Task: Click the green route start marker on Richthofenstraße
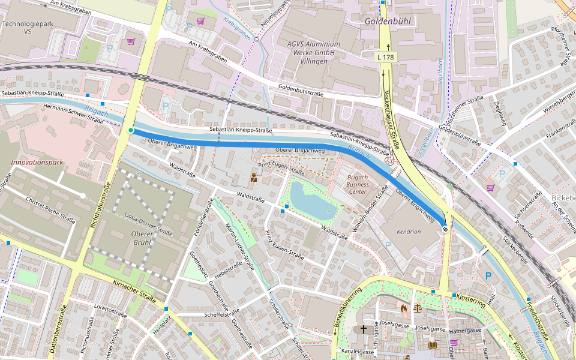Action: click(131, 130)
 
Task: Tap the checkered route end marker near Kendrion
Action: click(445, 227)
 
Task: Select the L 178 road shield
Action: click(386, 57)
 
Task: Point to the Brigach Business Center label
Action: click(358, 185)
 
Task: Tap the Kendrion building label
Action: click(409, 232)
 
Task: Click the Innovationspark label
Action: click(37, 163)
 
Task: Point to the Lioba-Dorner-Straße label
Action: click(148, 223)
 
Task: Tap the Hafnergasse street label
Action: click(465, 330)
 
